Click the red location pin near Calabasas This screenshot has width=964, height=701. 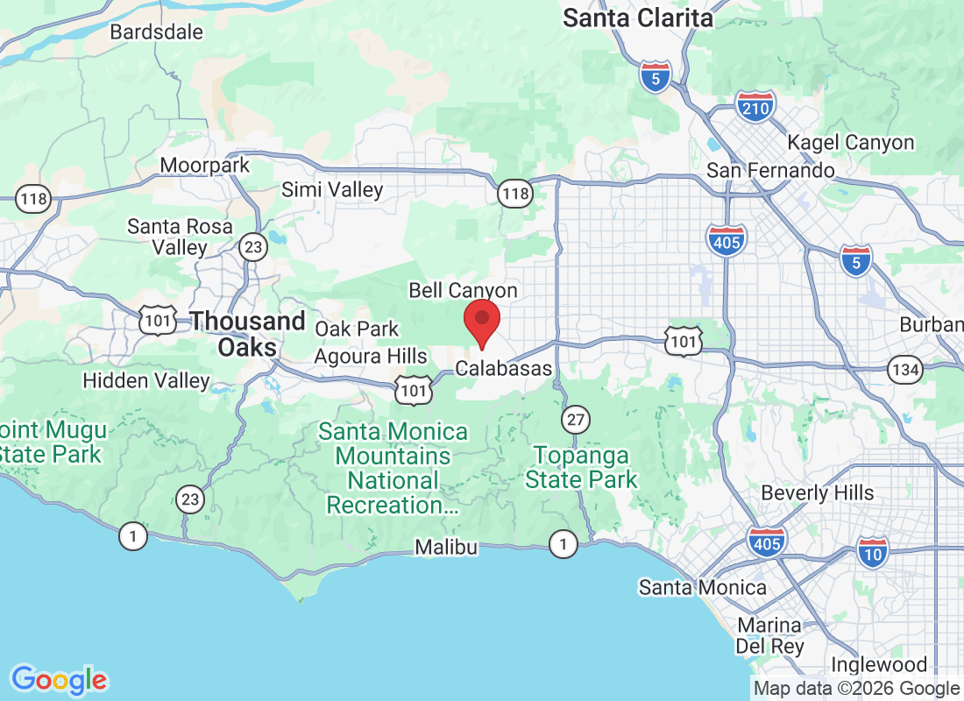pyautogui.click(x=481, y=322)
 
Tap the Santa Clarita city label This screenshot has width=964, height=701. pyautogui.click(x=638, y=17)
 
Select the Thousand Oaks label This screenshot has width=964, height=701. pyautogui.click(x=248, y=334)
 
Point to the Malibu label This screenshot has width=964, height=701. pyautogui.click(x=447, y=548)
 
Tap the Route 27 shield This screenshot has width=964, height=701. pyautogui.click(x=575, y=420)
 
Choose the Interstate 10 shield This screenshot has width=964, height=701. pyautogui.click(x=873, y=550)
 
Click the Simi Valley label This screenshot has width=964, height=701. pyautogui.click(x=332, y=189)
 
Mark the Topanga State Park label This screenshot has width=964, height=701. pyautogui.click(x=581, y=468)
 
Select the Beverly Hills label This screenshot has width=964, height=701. pyautogui.click(x=818, y=492)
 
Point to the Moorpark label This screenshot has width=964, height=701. pyautogui.click(x=205, y=165)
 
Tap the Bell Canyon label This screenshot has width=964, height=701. pyautogui.click(x=464, y=290)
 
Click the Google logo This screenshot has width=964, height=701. pyautogui.click(x=60, y=680)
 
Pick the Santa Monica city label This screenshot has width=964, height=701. pyautogui.click(x=702, y=587)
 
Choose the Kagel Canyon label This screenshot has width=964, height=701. pyautogui.click(x=850, y=142)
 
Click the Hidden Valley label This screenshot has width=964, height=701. pyautogui.click(x=145, y=380)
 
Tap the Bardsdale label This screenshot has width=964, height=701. pyautogui.click(x=157, y=32)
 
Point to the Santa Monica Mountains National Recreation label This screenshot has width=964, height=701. pyautogui.click(x=393, y=469)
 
